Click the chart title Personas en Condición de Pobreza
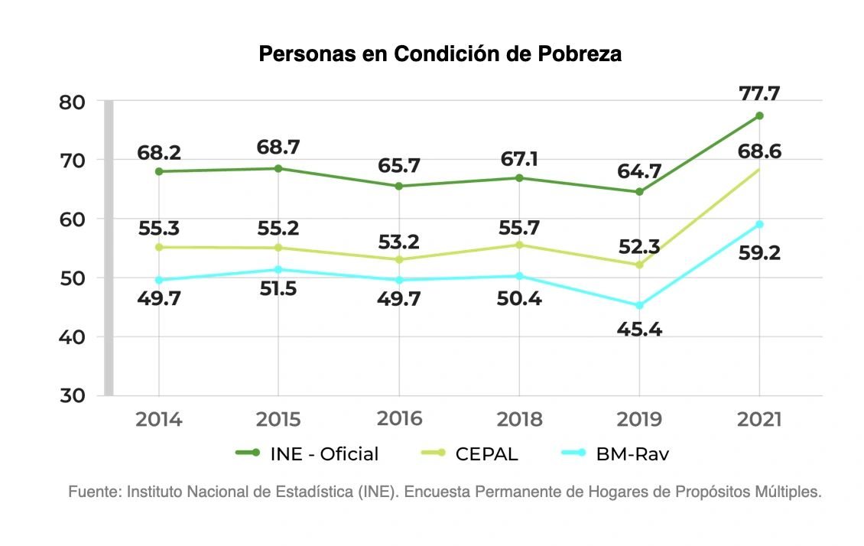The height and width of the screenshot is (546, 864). (x=440, y=54)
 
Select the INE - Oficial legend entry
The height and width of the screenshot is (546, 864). (x=307, y=453)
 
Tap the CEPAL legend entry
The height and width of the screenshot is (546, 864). (x=469, y=453)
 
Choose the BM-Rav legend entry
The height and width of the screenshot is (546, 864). (x=615, y=453)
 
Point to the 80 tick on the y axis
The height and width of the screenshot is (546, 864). (x=72, y=102)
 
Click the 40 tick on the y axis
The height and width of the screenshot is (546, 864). (x=72, y=337)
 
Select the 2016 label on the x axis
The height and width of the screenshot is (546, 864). (x=399, y=419)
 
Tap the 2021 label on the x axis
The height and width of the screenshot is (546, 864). (x=759, y=419)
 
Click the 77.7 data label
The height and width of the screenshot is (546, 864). (x=759, y=93)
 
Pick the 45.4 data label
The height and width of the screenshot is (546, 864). (x=639, y=330)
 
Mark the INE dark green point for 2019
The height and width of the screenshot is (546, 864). (x=639, y=192)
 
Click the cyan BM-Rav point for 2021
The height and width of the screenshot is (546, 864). (x=759, y=224)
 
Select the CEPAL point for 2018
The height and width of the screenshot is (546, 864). (x=519, y=245)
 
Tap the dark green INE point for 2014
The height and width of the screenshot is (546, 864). (x=159, y=171)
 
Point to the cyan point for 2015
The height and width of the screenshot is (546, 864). (x=278, y=269)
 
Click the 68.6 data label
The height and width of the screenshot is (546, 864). (x=759, y=151)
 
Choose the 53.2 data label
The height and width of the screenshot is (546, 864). (x=399, y=242)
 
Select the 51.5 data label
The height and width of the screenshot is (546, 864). (x=278, y=289)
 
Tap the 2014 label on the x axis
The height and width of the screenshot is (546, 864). (x=159, y=419)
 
